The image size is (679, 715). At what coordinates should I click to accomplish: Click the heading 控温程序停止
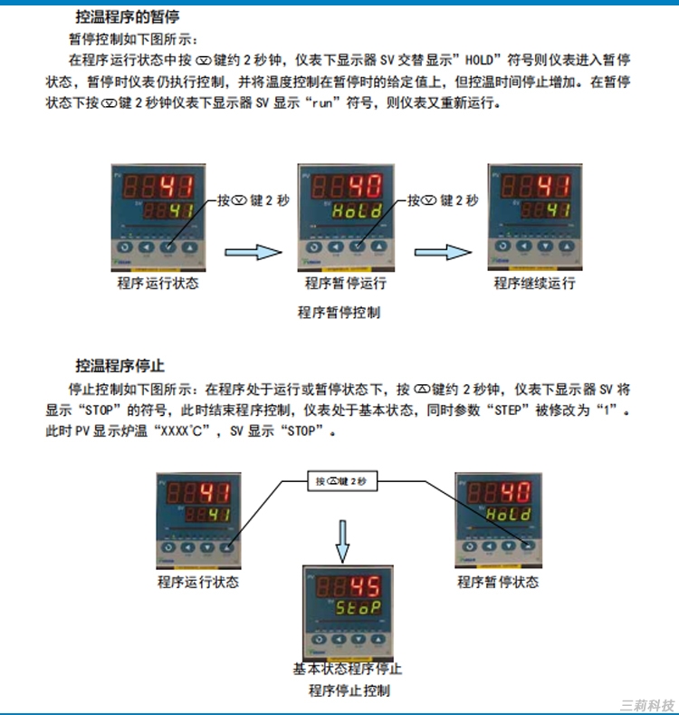tap(120, 366)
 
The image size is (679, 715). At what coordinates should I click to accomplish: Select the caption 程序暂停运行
tap(346, 284)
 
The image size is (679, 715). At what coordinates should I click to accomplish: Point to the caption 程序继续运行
tap(534, 284)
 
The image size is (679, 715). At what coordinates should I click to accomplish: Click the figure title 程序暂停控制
tap(339, 313)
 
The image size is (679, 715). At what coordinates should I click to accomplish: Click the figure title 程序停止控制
tap(349, 691)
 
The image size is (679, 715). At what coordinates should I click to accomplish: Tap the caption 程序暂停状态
tap(498, 582)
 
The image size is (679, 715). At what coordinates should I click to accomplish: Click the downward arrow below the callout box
tap(342, 540)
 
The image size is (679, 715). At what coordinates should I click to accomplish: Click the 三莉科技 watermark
tap(646, 703)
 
